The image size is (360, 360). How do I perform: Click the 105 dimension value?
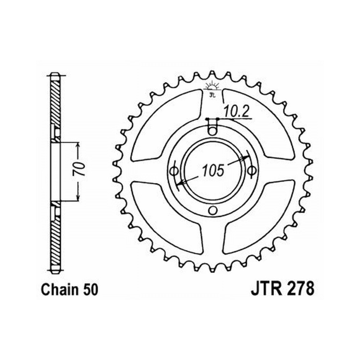[x=213, y=170]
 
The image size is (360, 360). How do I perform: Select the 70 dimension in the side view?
[x=79, y=169]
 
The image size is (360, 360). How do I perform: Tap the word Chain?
[x=59, y=290]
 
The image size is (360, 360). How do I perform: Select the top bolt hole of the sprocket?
[x=212, y=131]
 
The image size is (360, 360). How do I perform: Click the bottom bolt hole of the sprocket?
[x=213, y=210]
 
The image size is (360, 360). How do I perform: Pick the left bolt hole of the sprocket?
[x=173, y=171]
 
